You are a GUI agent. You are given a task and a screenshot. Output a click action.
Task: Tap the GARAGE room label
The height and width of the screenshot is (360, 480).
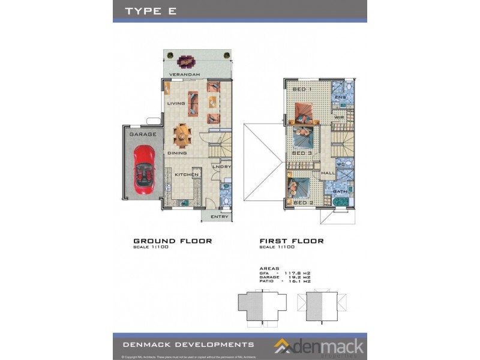click(143, 134)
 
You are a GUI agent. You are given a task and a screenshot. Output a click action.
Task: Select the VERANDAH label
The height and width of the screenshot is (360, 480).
click(184, 74)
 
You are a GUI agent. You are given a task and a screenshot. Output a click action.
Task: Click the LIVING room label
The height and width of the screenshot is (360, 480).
click(176, 103)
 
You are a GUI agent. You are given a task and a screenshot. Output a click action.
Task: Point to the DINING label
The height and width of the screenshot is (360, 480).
click(177, 154)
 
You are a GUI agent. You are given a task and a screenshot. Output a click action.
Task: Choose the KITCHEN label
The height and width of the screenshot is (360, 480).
click(187, 175)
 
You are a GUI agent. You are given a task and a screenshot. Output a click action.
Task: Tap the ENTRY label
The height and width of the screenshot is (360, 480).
click(220, 217)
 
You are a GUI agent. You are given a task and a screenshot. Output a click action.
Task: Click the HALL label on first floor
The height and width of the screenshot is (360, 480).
click(328, 173)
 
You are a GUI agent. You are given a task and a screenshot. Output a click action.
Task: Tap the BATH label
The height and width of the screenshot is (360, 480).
click(340, 191)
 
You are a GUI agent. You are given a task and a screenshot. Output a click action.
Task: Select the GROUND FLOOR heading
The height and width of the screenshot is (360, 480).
click(172, 241)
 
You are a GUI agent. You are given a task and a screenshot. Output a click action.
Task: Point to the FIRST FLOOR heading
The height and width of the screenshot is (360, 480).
click(292, 241)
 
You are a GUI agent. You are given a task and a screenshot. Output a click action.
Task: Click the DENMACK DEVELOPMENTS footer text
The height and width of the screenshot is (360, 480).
click(188, 344)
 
